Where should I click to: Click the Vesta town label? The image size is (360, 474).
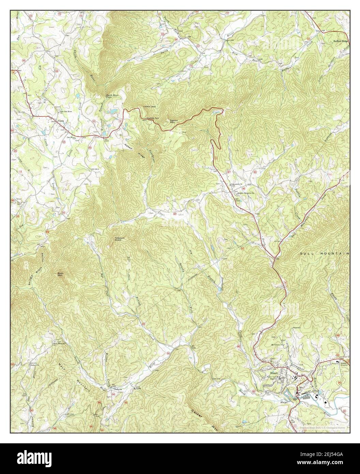click(x=61, y=121)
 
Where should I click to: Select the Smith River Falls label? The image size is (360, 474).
click(x=111, y=97)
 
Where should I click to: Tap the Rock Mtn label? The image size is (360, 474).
click(x=61, y=273)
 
